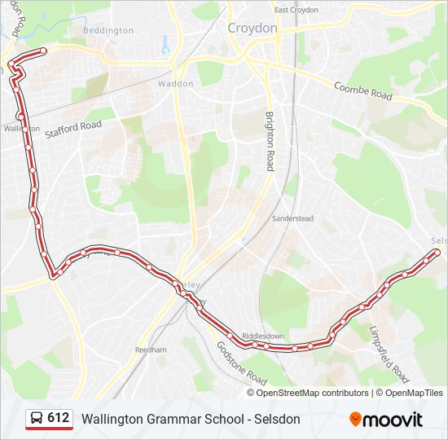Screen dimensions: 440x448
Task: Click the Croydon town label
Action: pyautogui.click(x=253, y=28)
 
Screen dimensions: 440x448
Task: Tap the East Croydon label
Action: pyautogui.click(x=296, y=10)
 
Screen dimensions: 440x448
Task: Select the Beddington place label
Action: pyautogui.click(x=108, y=31)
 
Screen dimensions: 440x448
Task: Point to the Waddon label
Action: pyautogui.click(x=176, y=84)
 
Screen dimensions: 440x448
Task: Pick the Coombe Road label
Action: pyautogui.click(x=364, y=90)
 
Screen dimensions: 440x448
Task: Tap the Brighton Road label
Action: pyautogui.click(x=269, y=141)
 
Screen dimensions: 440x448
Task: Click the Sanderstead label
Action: pyautogui.click(x=292, y=219)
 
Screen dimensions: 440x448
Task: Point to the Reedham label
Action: pyautogui.click(x=151, y=350)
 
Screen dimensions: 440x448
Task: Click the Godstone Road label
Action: pyautogui.click(x=242, y=363)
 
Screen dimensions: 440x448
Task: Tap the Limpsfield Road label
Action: pyautogui.click(x=389, y=355)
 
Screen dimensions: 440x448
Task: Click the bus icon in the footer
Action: pyautogui.click(x=37, y=419)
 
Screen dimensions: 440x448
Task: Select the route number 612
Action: pyautogui.click(x=59, y=418)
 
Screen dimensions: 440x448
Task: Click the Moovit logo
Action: pyautogui.click(x=386, y=420)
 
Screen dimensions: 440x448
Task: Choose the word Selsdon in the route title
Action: pyautogui.click(x=277, y=419)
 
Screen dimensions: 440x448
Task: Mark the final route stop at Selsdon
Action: pyautogui.click(x=437, y=253)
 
